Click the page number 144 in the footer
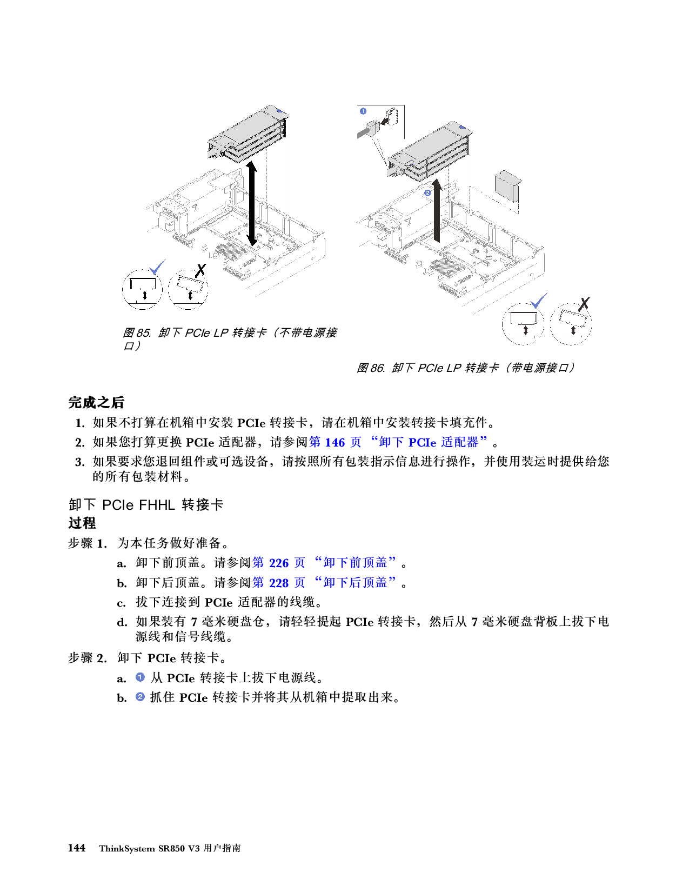(x=77, y=848)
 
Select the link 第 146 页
(x=335, y=442)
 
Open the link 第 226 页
(x=278, y=563)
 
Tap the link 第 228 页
(x=278, y=583)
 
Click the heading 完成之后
(x=96, y=402)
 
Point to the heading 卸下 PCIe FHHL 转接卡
(x=146, y=505)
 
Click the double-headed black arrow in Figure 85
(x=252, y=204)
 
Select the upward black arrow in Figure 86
(x=437, y=211)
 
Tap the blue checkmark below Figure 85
(x=157, y=267)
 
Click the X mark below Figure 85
(x=200, y=270)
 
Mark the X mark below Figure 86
(x=584, y=304)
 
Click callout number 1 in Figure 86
(x=363, y=111)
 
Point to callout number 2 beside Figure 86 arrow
(x=427, y=192)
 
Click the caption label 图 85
(x=137, y=333)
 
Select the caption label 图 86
(x=370, y=368)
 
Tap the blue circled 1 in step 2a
(x=140, y=677)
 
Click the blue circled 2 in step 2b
(x=140, y=697)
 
